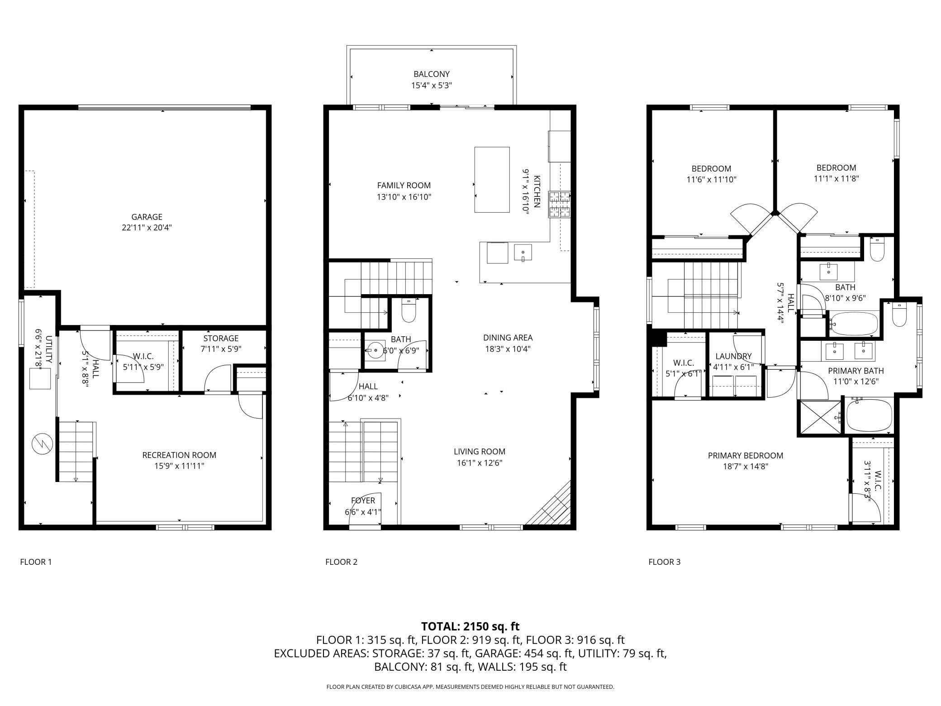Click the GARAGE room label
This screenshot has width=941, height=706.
(147, 217)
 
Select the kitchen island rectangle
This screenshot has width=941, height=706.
(492, 180)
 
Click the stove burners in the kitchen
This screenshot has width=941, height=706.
(560, 205)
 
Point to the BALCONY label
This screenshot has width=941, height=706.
(432, 74)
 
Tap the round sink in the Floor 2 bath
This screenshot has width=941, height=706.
(375, 350)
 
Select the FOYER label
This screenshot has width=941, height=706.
(363, 501)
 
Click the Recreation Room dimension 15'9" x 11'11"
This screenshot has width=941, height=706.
(179, 466)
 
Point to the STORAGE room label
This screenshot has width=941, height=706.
(221, 339)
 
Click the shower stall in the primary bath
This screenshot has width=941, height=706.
(820, 418)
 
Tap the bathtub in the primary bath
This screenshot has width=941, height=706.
(869, 415)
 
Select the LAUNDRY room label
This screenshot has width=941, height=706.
(733, 356)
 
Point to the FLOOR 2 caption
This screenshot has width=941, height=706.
(341, 562)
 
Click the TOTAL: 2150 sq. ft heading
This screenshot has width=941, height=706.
(470, 626)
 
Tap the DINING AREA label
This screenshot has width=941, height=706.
(508, 338)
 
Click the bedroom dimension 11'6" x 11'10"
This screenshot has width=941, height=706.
(712, 180)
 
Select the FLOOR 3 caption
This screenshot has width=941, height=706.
(665, 562)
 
